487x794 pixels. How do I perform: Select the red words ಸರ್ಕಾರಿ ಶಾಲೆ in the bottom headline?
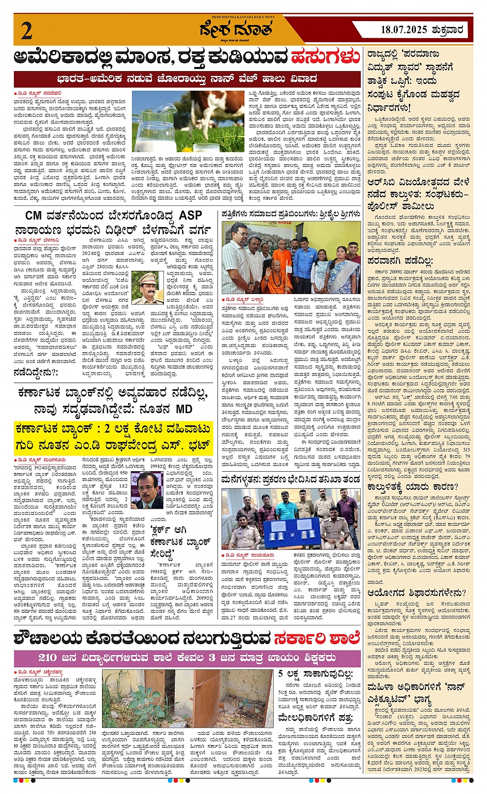[316, 638]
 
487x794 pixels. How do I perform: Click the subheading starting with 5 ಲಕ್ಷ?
[315, 674]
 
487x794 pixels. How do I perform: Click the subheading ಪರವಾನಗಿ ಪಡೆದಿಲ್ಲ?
[400, 261]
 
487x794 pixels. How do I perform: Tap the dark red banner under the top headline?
[188, 79]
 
